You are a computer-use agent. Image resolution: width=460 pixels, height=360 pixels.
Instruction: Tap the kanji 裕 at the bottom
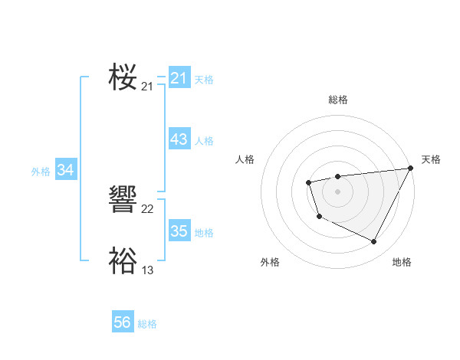tap(123, 260)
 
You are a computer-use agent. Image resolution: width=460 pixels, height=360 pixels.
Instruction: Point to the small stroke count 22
tap(148, 209)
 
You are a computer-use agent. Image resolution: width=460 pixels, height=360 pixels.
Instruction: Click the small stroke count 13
tap(148, 270)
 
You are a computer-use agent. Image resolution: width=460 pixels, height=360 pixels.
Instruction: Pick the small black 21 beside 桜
tap(148, 87)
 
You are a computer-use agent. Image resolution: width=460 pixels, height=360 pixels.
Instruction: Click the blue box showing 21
tap(179, 78)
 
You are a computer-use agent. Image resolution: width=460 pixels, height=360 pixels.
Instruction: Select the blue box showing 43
tap(179, 139)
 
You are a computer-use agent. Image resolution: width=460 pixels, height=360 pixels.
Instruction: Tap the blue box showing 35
tap(179, 231)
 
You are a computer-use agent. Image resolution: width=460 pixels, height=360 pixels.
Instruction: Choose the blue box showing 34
tap(65, 170)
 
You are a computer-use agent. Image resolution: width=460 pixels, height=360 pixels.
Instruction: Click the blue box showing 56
tap(122, 322)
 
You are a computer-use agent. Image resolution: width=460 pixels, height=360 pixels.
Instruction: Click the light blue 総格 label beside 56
tap(147, 324)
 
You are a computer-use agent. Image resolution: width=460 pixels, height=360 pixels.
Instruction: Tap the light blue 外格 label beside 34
tap(41, 172)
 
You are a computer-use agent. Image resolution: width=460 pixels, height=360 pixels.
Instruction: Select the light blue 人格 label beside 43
tap(204, 141)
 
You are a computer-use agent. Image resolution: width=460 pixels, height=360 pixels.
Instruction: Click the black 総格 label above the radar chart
tap(337, 100)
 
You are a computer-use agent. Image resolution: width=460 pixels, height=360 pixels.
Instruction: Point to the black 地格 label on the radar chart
tap(402, 263)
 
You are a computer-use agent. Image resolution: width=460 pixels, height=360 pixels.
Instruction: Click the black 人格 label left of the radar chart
tap(245, 159)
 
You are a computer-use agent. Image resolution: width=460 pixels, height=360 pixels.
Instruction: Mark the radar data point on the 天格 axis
tap(409, 169)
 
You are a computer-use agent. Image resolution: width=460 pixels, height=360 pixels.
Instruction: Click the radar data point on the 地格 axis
tap(374, 242)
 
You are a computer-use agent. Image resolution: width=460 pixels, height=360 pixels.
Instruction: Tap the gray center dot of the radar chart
tap(337, 191)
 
